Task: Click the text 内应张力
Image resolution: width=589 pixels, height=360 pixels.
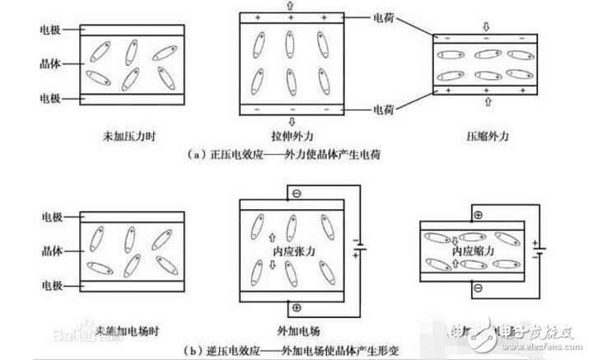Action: [x=293, y=246]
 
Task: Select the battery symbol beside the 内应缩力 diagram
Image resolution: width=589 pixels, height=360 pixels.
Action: [x=540, y=249]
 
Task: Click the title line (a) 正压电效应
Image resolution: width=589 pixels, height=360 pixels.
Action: [x=292, y=153]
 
